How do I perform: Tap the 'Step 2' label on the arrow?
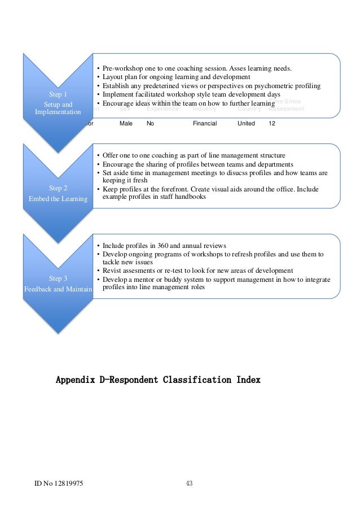coord(58,188)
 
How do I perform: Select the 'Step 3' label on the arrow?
coord(58,278)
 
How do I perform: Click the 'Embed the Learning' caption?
coord(58,198)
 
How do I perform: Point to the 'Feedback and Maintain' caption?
coord(58,289)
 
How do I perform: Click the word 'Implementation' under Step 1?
coord(58,112)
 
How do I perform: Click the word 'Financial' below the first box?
coord(205,123)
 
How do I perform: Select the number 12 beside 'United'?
coord(272,123)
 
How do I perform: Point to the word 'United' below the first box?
coord(247,123)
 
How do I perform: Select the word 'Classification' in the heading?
coord(188,380)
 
